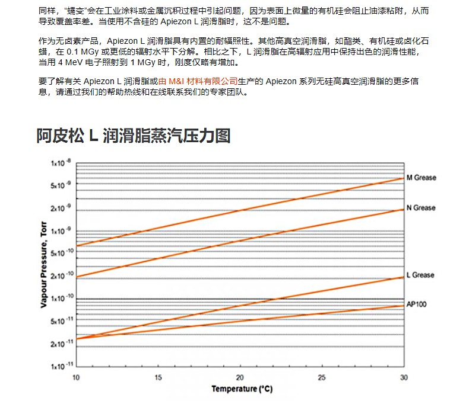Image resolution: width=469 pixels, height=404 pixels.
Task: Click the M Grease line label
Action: pos(420,178)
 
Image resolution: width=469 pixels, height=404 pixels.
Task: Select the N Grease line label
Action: pos(420,208)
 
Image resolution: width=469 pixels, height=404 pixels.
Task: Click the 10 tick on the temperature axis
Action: pos(75,377)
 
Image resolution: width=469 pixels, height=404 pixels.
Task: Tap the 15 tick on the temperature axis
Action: pos(157,377)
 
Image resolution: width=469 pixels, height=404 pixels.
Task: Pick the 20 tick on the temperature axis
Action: pos(240,377)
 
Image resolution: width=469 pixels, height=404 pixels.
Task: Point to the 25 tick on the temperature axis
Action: pos(322,377)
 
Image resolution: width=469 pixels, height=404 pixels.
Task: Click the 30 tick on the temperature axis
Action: pos(404,377)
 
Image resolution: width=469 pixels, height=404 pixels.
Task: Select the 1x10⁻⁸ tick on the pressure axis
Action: pos(60,163)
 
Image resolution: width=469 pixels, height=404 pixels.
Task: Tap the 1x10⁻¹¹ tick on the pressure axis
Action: pos(60,366)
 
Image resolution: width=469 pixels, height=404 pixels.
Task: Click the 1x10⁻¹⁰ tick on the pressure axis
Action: pos(60,299)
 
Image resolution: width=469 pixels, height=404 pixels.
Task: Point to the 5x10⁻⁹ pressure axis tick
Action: pos(60,185)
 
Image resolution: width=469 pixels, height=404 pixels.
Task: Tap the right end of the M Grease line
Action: pos(403,178)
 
